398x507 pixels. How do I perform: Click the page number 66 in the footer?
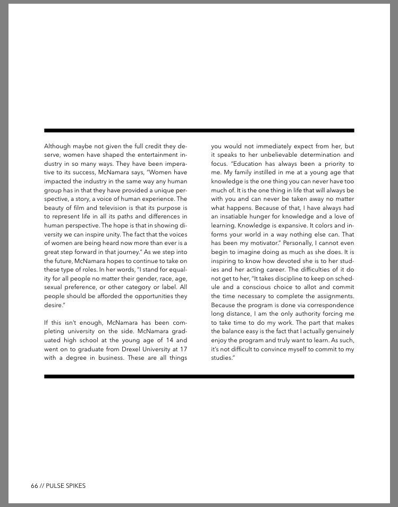pyautogui.click(x=35, y=486)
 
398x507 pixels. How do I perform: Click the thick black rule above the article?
pyautogui.click(x=199, y=130)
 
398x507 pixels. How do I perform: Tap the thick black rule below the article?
pyautogui.click(x=199, y=376)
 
